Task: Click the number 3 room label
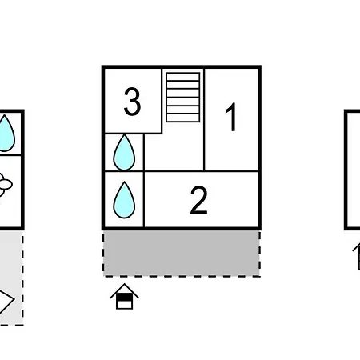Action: coord(132,102)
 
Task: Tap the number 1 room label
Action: coord(231,117)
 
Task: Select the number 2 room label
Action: coord(198,200)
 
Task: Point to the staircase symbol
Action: coord(183,98)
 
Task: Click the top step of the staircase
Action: coord(183,77)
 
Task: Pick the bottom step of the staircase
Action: coord(183,118)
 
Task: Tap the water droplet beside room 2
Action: coord(124,200)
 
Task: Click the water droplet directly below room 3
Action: coord(124,153)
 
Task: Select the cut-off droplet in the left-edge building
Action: coord(6,134)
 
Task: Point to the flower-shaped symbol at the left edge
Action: coord(5,185)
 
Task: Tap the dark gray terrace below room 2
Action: coord(182,254)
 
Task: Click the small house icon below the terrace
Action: coord(125,297)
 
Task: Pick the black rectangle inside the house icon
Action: coord(125,297)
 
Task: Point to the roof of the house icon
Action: coord(125,290)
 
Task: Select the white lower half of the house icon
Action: coord(125,304)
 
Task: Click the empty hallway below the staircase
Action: coord(174,152)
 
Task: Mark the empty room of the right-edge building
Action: coord(354,170)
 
